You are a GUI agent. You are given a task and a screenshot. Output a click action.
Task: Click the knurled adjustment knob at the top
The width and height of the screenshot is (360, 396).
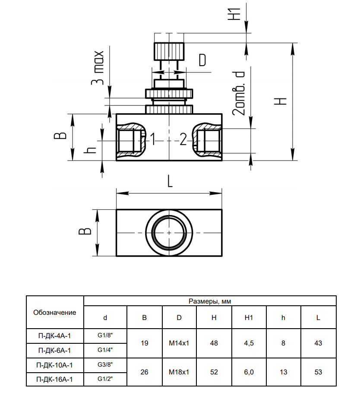tap(169, 51)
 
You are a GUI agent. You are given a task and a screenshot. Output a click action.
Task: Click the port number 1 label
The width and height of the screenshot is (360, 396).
tap(153, 139)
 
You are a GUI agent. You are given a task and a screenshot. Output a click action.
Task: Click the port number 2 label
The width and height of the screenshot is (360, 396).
tap(183, 139)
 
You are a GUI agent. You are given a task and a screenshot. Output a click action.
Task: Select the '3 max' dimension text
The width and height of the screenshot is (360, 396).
tap(98, 68)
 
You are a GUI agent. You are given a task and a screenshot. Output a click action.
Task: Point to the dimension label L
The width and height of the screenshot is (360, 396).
tap(170, 181)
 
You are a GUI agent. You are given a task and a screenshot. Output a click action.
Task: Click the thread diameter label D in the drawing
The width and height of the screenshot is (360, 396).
tap(202, 60)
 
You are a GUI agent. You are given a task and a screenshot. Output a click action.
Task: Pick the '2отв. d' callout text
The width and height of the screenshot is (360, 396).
tap(239, 93)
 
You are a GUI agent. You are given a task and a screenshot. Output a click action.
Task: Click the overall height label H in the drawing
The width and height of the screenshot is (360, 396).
tap(281, 101)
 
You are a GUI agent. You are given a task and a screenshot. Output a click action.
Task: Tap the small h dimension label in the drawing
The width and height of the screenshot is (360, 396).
tap(90, 150)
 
